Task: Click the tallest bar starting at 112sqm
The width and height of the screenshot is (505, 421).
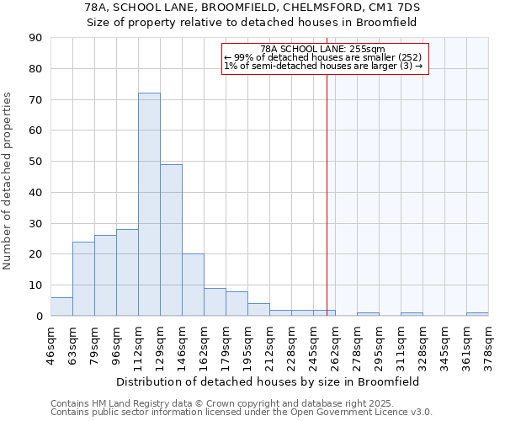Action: pyautogui.click(x=149, y=205)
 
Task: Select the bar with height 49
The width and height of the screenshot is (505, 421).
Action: pyautogui.click(x=171, y=240)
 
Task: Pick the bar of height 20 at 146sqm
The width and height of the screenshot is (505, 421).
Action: pyautogui.click(x=193, y=285)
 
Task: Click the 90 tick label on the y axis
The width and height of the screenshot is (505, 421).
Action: pyautogui.click(x=35, y=38)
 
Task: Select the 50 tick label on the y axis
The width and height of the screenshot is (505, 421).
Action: pyautogui.click(x=35, y=162)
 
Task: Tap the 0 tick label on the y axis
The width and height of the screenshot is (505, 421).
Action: pyautogui.click(x=39, y=316)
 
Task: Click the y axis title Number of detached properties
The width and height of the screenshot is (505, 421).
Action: pyautogui.click(x=8, y=181)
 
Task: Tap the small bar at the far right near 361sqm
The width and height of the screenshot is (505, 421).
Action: pyautogui.click(x=477, y=314)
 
